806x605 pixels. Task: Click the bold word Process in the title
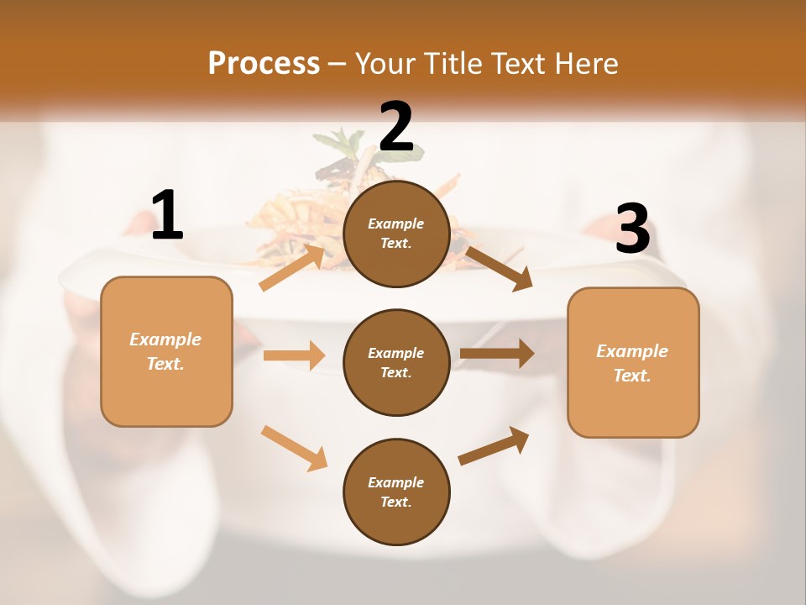[x=264, y=64]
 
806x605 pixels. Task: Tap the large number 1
[x=167, y=216]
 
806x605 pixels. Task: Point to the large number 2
[x=396, y=127]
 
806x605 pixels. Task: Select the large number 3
[x=632, y=230]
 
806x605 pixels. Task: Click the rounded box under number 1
[x=166, y=351]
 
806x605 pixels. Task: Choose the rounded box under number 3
[x=633, y=362]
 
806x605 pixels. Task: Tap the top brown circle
[x=396, y=234]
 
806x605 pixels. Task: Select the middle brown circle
[x=396, y=362]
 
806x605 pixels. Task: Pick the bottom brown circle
[x=396, y=492]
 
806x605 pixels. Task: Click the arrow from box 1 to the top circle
[x=293, y=267]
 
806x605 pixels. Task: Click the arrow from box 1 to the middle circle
[x=294, y=355]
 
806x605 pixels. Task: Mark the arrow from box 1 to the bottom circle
[x=295, y=447]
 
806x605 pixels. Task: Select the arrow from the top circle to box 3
[x=499, y=268]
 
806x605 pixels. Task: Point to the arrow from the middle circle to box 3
[x=496, y=354]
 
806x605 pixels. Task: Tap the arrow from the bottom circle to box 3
[x=495, y=445]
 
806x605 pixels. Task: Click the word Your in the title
[x=384, y=64]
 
